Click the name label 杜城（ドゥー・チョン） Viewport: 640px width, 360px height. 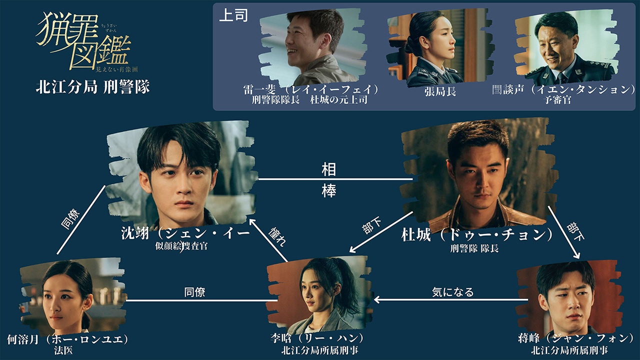(477, 235)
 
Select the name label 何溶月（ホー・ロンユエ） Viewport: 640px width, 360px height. (68, 339)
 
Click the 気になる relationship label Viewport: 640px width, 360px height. (452, 292)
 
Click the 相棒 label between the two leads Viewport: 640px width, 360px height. (329, 180)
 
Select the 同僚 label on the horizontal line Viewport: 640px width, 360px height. (195, 292)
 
